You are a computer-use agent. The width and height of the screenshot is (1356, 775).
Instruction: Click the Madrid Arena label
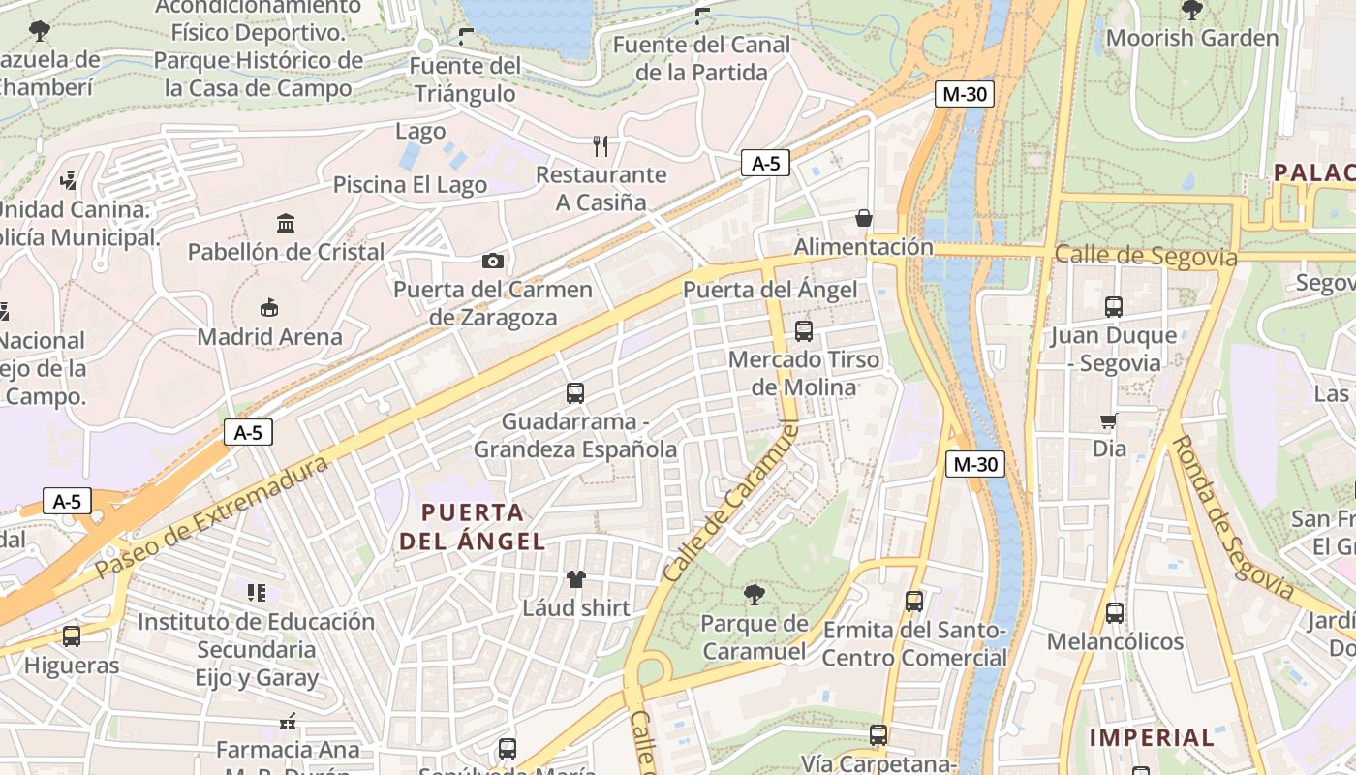(269, 337)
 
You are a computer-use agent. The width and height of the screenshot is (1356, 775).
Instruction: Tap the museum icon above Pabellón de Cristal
(286, 224)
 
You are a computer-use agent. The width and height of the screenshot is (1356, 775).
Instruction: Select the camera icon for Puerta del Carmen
(492, 261)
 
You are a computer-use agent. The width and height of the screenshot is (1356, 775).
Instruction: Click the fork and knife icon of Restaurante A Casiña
(601, 146)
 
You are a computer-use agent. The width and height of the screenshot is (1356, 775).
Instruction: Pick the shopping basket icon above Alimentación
(863, 218)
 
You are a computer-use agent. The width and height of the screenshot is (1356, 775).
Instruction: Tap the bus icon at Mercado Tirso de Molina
(803, 331)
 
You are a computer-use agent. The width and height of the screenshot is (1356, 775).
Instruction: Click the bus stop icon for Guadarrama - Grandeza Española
(575, 393)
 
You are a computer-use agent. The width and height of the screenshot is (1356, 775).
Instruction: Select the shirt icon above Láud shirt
(576, 579)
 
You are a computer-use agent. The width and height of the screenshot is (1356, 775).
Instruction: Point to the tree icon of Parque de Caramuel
(754, 594)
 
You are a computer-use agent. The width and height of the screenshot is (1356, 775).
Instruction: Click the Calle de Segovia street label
(1145, 256)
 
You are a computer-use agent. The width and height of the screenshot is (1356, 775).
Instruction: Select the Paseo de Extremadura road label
(213, 517)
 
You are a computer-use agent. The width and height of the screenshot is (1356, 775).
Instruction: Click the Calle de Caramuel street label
(730, 502)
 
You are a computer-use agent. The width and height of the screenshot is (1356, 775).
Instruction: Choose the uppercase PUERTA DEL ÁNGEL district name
(473, 526)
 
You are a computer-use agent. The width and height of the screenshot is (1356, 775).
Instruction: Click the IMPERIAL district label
(1152, 737)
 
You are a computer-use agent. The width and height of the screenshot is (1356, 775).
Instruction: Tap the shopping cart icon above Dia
(1109, 420)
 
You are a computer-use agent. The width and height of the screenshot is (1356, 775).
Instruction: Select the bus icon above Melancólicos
(1114, 612)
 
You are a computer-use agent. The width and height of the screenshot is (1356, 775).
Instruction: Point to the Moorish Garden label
(1191, 39)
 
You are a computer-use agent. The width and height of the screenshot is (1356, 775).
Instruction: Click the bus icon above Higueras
(72, 636)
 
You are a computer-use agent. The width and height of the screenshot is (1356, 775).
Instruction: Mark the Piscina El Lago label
(410, 185)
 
